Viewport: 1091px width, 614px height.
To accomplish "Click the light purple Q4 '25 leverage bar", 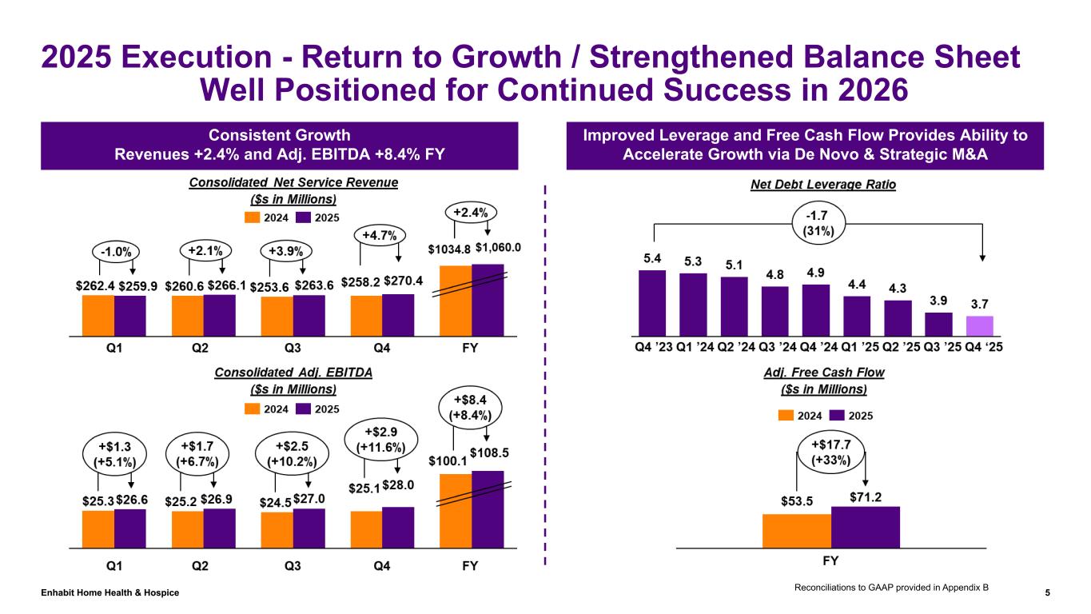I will coord(979,325).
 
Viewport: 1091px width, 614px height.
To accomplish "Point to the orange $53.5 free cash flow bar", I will coord(797,530).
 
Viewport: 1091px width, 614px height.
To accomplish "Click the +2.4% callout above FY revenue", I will coord(471,213).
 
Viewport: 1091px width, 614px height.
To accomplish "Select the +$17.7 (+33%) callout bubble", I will coord(831,453).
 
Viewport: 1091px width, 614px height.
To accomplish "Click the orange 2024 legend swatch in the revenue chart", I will coord(252,217).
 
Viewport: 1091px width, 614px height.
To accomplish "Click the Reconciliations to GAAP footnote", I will coord(892,587).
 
